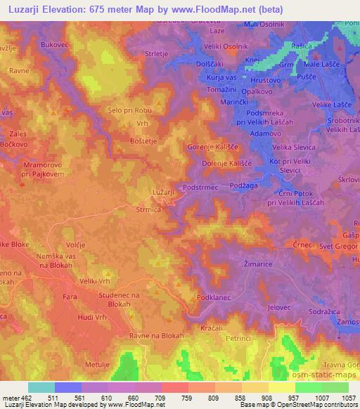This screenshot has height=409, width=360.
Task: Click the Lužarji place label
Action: point(162,191)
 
